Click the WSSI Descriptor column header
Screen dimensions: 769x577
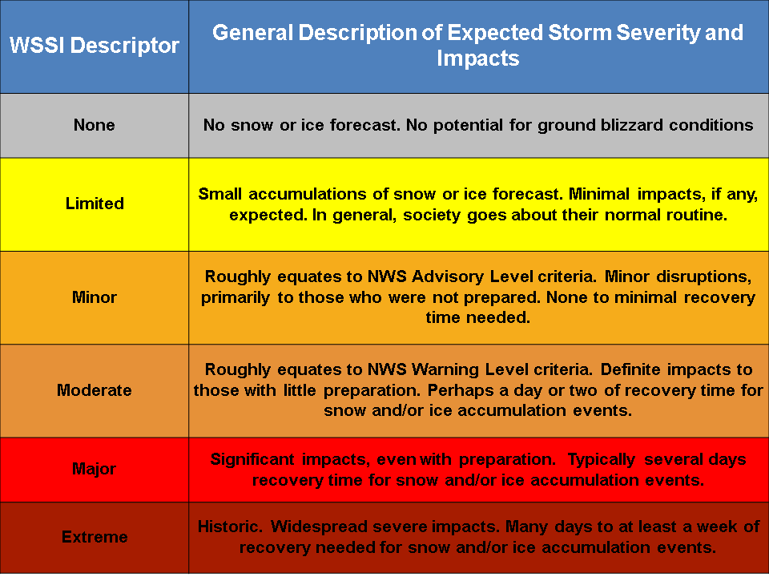click(x=95, y=45)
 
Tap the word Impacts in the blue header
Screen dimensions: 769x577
click(x=478, y=59)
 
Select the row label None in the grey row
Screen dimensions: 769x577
click(x=95, y=125)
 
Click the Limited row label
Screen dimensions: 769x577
click(x=95, y=204)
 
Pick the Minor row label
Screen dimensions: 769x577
click(x=95, y=297)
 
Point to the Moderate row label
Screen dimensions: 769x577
click(x=95, y=390)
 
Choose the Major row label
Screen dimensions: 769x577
click(x=95, y=469)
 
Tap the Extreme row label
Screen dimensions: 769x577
click(x=95, y=537)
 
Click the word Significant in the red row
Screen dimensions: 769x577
click(x=252, y=460)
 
